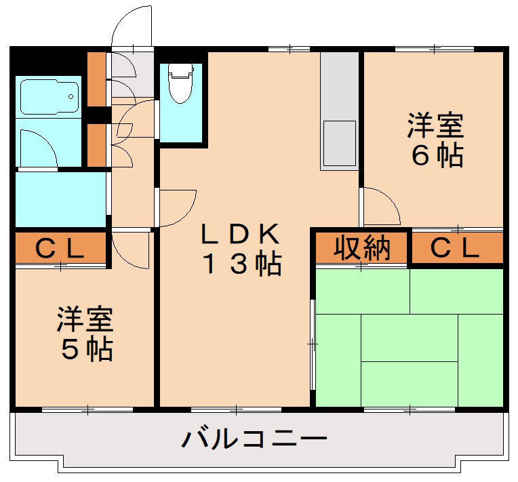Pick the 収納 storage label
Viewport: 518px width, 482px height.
(362, 249)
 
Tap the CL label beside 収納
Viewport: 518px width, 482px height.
(456, 249)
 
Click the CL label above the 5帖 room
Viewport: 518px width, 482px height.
(60, 249)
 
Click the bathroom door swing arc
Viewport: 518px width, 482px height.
(37, 146)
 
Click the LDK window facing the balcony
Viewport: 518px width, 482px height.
(235, 409)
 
